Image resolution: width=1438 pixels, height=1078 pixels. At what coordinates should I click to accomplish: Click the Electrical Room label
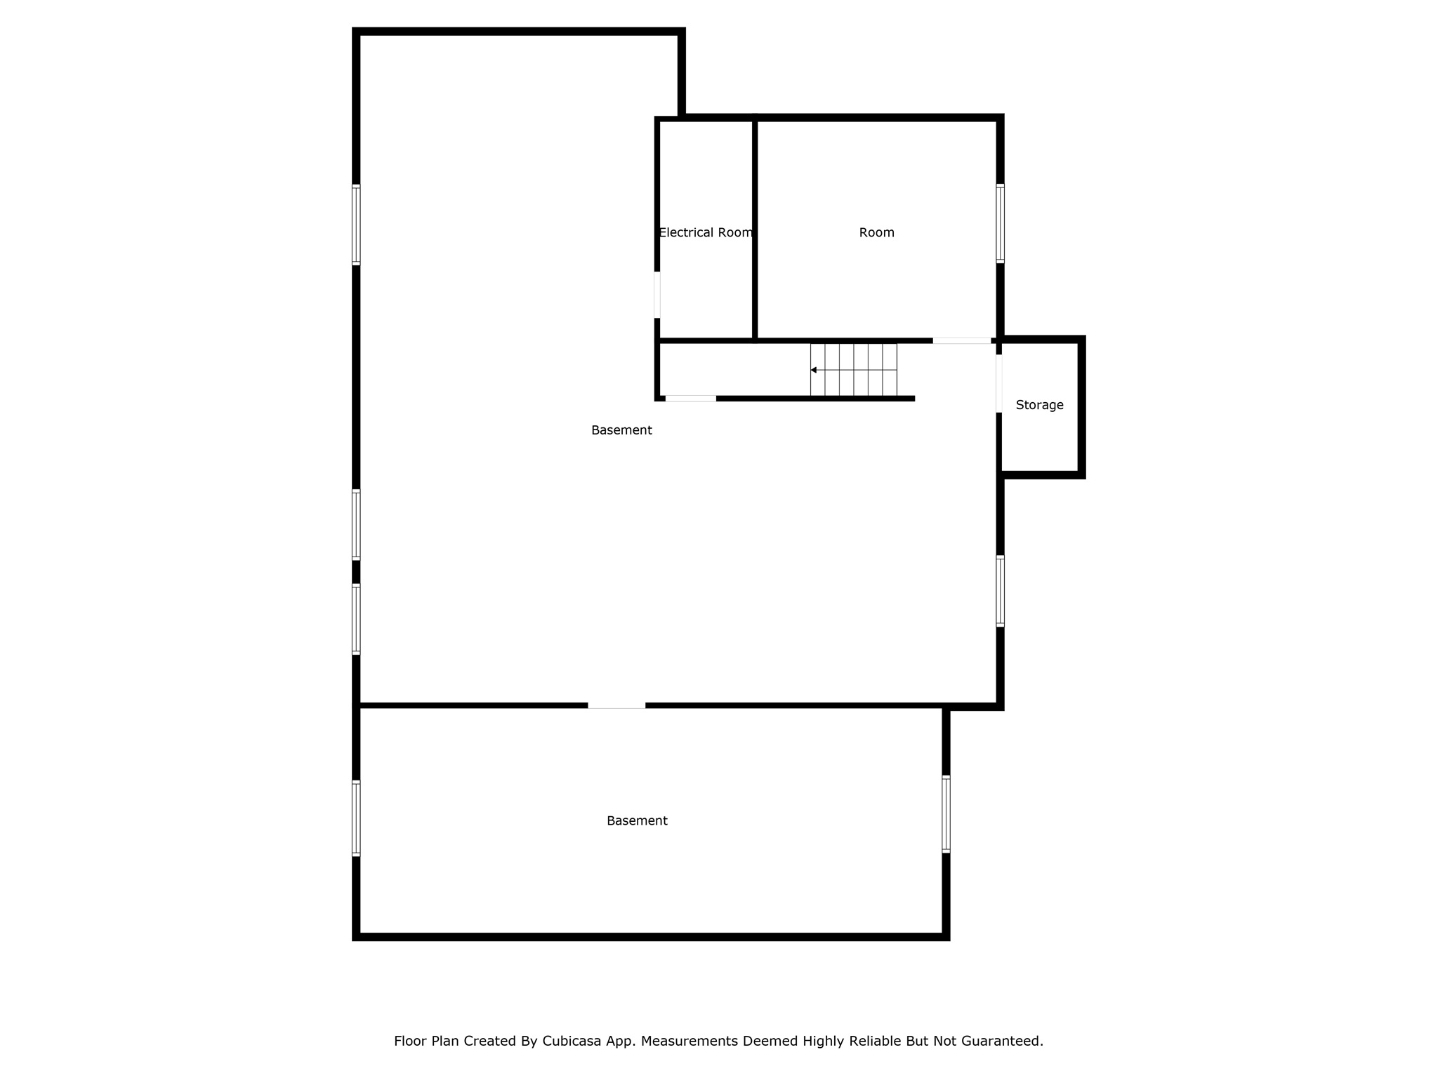(x=706, y=232)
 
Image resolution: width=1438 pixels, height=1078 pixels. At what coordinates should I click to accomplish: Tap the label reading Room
(x=876, y=232)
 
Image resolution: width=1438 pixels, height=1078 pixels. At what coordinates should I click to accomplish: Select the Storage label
(x=1039, y=405)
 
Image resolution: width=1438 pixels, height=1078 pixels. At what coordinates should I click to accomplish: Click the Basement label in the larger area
(x=621, y=430)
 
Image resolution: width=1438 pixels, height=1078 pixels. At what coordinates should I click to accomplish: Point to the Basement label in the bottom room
(x=637, y=820)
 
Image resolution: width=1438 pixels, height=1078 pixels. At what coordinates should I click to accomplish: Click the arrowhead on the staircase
(x=813, y=370)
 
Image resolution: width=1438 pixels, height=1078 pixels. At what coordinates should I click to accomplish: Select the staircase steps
(x=854, y=370)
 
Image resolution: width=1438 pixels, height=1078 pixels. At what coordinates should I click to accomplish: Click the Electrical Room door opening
(x=657, y=295)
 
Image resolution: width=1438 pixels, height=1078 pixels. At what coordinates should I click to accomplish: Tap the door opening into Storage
(x=999, y=383)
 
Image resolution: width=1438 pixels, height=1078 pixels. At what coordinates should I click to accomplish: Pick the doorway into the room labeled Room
(x=962, y=341)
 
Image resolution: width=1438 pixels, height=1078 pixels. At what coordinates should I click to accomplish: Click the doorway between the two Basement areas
(x=616, y=705)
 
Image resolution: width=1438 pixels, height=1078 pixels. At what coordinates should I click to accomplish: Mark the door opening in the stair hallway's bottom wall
(x=691, y=399)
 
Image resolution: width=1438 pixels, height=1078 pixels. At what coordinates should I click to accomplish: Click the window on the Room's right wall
(x=1001, y=224)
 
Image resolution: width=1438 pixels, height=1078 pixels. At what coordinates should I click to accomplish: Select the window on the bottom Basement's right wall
(x=946, y=814)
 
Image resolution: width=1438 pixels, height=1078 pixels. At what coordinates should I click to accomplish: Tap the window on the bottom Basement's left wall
(x=356, y=818)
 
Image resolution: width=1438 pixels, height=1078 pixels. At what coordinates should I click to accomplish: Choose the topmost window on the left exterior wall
(x=356, y=225)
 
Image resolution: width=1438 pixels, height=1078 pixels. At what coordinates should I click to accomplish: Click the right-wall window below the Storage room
(x=1001, y=591)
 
